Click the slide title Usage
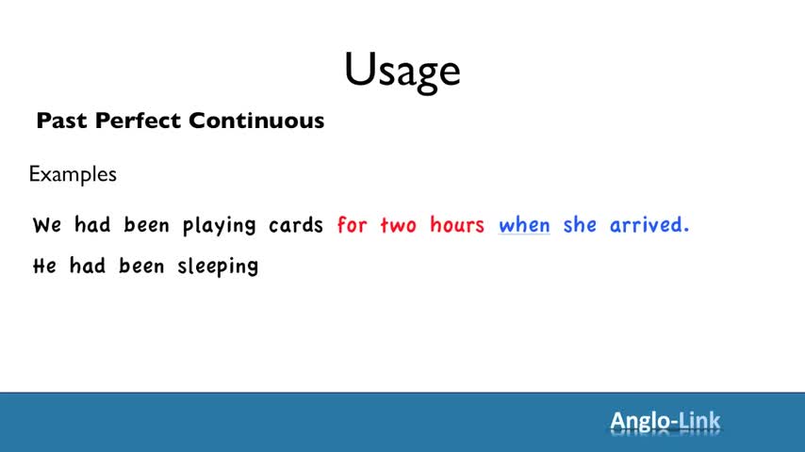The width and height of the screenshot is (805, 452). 402,72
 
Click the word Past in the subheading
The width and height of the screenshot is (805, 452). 62,121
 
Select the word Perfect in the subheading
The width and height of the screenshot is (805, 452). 139,121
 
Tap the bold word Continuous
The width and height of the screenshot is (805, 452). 256,121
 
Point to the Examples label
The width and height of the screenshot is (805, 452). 73,174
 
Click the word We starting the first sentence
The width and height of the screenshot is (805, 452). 47,225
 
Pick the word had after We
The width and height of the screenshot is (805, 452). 92,224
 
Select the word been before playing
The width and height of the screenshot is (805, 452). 146,224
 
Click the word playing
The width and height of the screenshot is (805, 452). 220,225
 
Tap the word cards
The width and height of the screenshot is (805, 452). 296,224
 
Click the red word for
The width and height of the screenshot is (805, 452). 353,224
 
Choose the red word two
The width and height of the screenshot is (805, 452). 399,225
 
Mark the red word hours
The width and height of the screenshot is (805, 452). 457,224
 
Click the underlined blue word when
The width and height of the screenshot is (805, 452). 524,224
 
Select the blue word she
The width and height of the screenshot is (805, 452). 580,224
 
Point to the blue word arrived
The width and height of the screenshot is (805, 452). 649,224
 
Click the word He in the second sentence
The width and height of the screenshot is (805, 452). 44,266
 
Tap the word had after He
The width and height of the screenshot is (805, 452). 88,266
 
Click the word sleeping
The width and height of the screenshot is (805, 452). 218,266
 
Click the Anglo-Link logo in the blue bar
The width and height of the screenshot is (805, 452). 665,422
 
